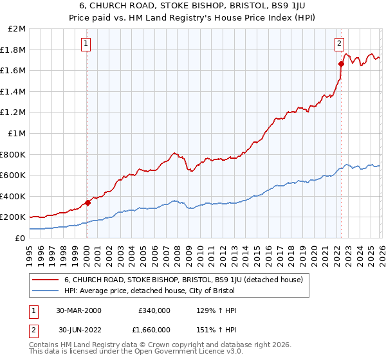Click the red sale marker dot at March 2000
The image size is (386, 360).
pyautogui.click(x=87, y=203)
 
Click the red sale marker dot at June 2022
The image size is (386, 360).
pyautogui.click(x=340, y=64)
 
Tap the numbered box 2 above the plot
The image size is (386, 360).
pyautogui.click(x=339, y=44)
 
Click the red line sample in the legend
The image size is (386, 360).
pyautogui.click(x=46, y=280)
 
